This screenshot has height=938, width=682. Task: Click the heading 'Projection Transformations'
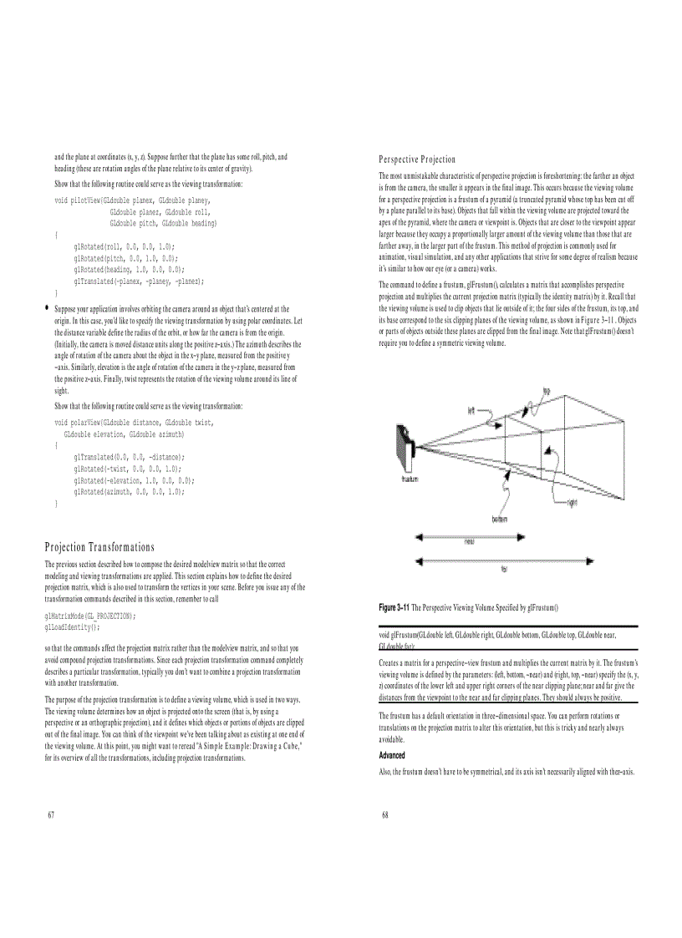tap(99, 547)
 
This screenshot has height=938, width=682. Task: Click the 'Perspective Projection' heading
tap(417, 159)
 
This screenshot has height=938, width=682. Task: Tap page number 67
tap(51, 814)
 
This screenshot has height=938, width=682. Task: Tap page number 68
tap(385, 814)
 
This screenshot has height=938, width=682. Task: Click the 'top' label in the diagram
tap(546, 390)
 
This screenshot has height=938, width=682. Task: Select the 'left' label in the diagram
tap(471, 409)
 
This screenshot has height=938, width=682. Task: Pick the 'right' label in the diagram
tap(572, 502)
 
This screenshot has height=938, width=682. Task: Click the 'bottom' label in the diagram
tap(501, 519)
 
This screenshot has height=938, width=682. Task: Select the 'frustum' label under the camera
tap(410, 479)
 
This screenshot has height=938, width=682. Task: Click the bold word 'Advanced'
tap(393, 755)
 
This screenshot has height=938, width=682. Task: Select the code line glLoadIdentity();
tap(72, 625)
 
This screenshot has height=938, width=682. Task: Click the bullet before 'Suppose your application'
tap(47, 308)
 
